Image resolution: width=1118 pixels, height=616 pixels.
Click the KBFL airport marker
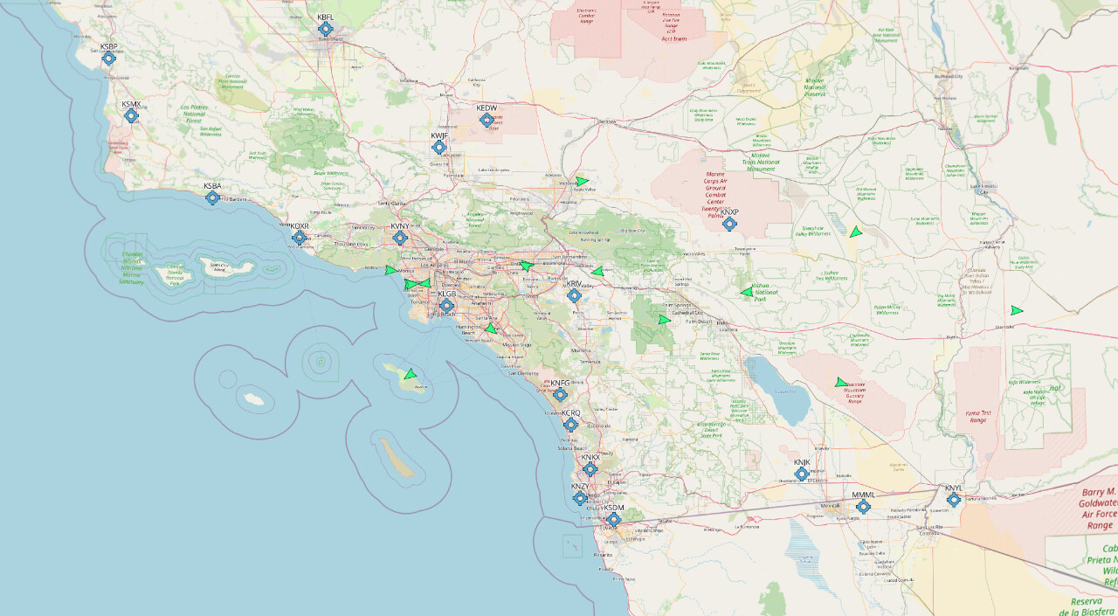coord(326,29)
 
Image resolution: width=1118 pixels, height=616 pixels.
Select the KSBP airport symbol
coord(109,59)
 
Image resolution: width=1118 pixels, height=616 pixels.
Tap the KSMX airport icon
coord(132,115)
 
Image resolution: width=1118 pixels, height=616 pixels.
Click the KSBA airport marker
coord(212,197)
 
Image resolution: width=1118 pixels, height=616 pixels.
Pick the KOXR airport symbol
coord(300,238)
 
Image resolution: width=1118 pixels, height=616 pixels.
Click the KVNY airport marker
coord(400,238)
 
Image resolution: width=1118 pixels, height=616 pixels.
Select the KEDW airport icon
coord(487,120)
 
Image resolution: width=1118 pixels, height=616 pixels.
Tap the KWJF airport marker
coord(439,148)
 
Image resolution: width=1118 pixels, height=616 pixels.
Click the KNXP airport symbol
coord(729,224)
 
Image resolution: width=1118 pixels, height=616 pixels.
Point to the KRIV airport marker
coord(574,295)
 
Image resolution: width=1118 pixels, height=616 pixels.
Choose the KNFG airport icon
coord(560,394)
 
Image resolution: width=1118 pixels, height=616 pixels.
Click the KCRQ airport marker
coord(570,425)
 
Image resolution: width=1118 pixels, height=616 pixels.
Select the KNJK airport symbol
coord(802,474)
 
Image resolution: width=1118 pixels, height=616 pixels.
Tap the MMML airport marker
coord(863,507)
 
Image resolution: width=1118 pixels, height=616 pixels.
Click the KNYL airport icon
coord(953,500)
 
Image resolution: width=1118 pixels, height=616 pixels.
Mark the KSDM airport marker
coord(613,519)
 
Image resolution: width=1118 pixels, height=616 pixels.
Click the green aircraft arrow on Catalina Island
coord(410,375)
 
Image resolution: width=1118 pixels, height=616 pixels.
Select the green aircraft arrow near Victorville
coord(582,182)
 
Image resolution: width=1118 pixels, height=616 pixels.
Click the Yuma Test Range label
coord(980,416)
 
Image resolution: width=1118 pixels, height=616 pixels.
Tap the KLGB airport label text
coord(446,294)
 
